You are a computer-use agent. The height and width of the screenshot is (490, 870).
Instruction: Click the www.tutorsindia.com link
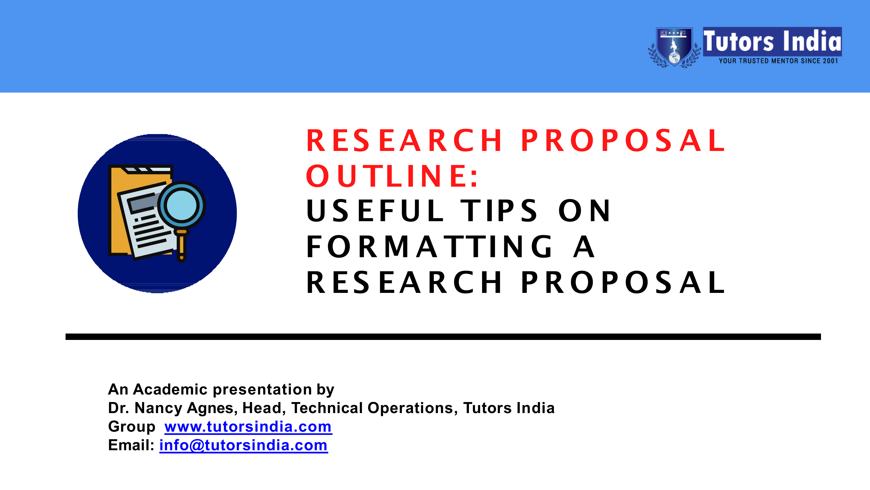point(248,427)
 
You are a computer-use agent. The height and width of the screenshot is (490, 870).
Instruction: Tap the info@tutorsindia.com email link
point(243,445)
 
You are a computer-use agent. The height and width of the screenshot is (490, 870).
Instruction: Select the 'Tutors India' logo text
point(772,41)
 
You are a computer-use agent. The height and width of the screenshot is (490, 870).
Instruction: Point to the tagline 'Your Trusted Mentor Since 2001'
point(778,61)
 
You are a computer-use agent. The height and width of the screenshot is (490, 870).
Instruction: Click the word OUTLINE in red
point(392,176)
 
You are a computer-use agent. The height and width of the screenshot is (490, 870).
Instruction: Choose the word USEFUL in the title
point(375,211)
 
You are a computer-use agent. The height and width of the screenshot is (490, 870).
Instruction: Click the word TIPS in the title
point(499,211)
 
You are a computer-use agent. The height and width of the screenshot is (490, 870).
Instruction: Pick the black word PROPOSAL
point(623,282)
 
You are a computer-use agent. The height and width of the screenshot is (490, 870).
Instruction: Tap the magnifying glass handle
point(182,247)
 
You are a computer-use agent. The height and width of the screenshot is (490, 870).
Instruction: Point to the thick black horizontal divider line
point(443,336)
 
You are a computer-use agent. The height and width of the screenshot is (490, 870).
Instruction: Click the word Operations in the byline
point(410,408)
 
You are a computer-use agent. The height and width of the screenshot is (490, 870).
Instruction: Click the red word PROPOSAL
point(623,140)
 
